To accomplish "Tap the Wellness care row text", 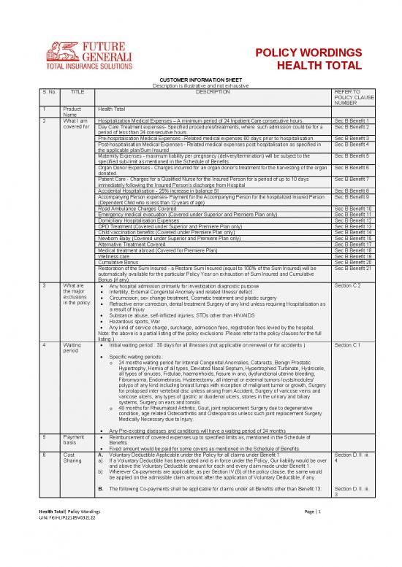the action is click(x=113, y=256).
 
